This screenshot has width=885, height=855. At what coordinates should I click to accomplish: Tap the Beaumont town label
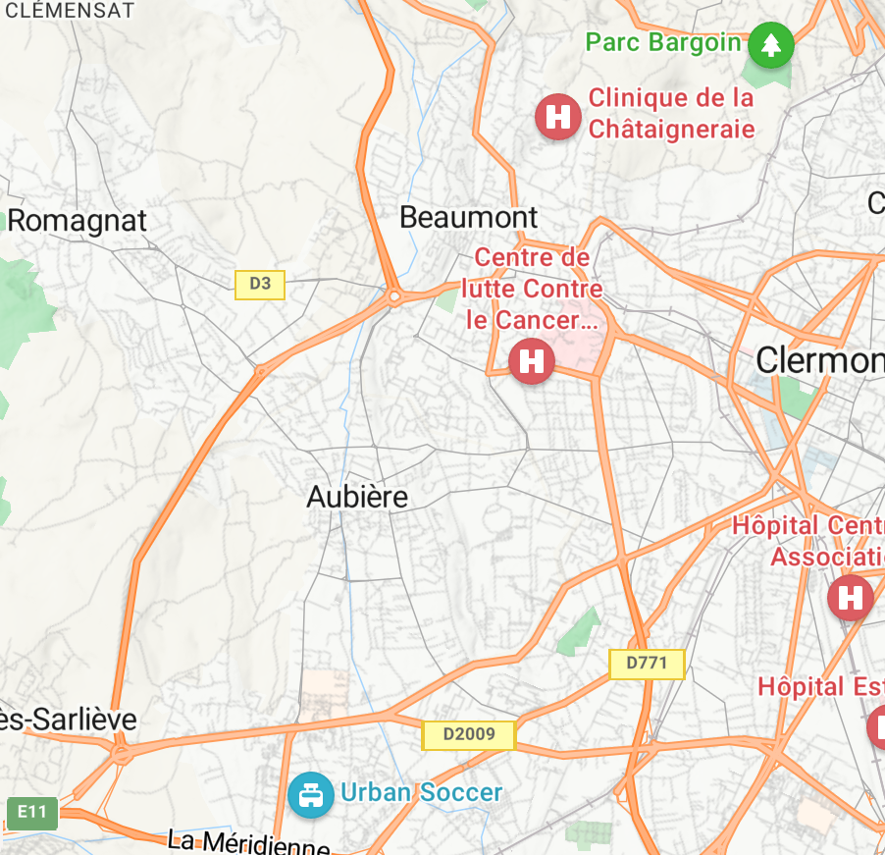[x=469, y=217]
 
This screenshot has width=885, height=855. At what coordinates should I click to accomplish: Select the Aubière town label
[x=357, y=497]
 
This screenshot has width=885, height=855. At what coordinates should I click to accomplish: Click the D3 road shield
[x=260, y=285]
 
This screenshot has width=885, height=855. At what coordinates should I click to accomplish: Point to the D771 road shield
[x=647, y=664]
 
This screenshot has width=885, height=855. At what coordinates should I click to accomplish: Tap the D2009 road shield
[x=468, y=734]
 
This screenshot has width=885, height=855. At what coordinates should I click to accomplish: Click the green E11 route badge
[x=31, y=812]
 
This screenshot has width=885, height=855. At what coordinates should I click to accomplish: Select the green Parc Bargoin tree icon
[x=770, y=44]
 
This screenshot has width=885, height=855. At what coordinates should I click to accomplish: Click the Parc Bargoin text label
[x=663, y=42]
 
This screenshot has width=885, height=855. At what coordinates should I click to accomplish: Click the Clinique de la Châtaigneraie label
[x=672, y=114]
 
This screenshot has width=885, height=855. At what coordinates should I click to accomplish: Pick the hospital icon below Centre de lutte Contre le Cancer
[x=532, y=359]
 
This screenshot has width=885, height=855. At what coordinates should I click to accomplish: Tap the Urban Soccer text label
[x=422, y=793]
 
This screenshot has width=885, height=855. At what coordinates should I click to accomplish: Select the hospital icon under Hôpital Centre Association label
[x=850, y=597]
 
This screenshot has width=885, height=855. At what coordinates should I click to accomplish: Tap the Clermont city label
[x=820, y=360]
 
